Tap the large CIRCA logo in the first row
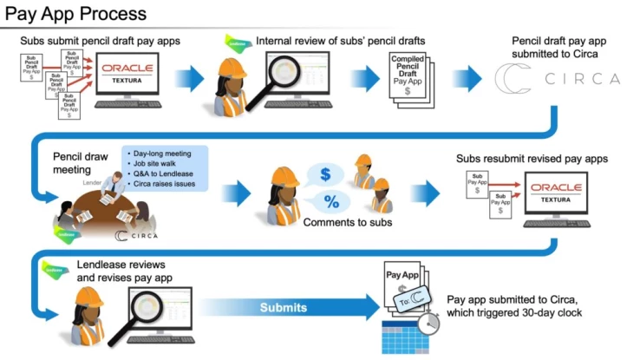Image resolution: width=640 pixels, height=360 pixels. point(556,79)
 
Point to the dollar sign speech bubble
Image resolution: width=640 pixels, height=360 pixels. point(325,174)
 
